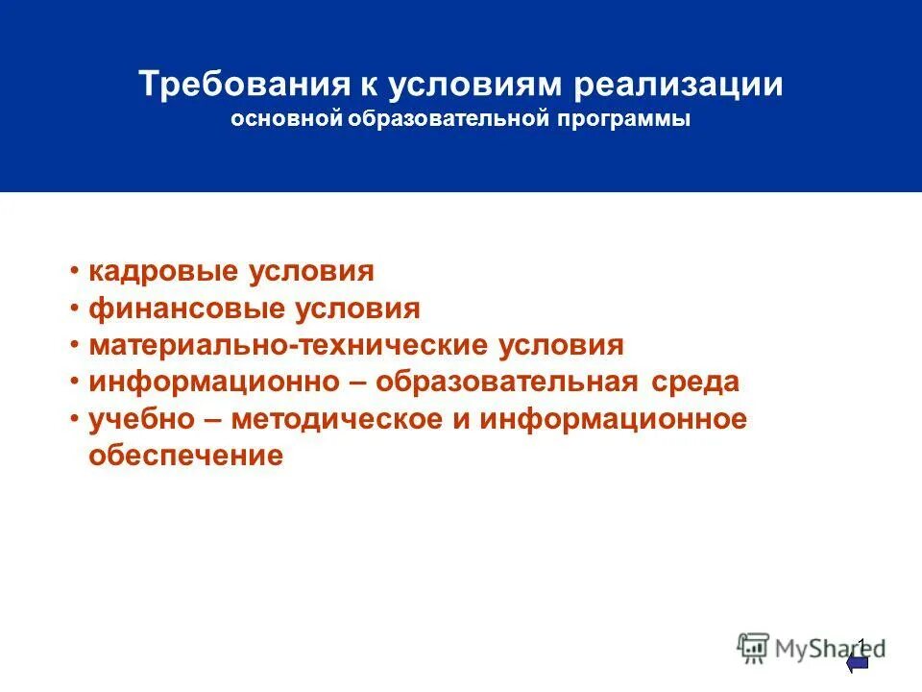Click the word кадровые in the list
click(165, 271)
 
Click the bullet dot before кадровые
click(75, 272)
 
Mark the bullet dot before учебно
click(75, 420)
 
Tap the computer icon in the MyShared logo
click(754, 648)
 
